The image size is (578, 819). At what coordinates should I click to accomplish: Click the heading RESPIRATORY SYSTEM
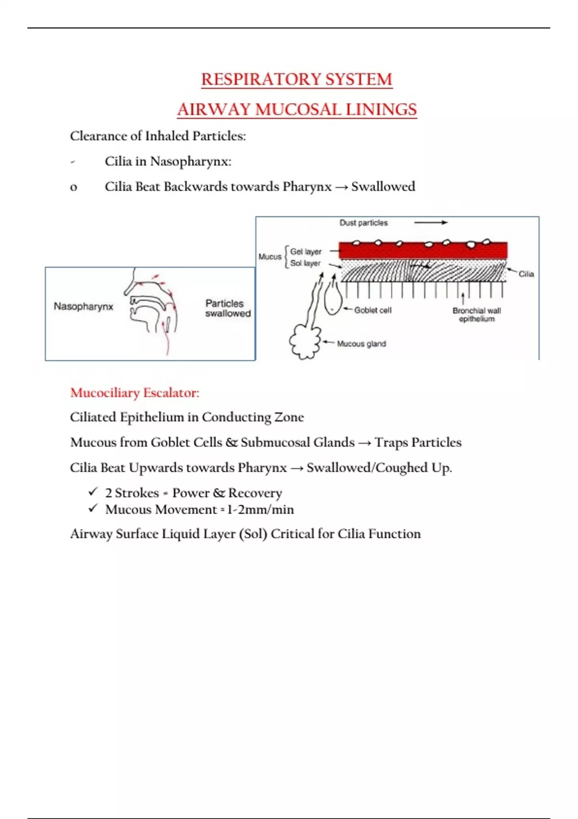pyautogui.click(x=297, y=79)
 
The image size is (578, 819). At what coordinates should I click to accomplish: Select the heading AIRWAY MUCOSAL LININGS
pyautogui.click(x=297, y=109)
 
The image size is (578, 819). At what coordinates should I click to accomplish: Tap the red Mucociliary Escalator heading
pyautogui.click(x=134, y=393)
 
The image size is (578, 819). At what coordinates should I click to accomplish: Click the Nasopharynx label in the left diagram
pyautogui.click(x=83, y=306)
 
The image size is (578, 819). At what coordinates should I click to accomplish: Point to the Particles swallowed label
pyautogui.click(x=228, y=308)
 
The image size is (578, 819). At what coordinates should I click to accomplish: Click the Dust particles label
pyautogui.click(x=363, y=223)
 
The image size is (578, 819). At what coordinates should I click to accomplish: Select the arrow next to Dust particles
pyautogui.click(x=431, y=223)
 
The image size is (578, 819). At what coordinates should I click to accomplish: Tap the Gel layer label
pyautogui.click(x=305, y=251)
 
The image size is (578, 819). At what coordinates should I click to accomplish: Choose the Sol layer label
pyautogui.click(x=305, y=263)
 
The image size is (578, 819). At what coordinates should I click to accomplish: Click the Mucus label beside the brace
pyautogui.click(x=270, y=257)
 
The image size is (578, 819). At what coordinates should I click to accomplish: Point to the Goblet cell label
pyautogui.click(x=373, y=310)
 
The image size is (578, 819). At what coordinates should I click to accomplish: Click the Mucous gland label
pyautogui.click(x=361, y=343)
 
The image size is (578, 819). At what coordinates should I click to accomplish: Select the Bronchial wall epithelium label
pyautogui.click(x=476, y=315)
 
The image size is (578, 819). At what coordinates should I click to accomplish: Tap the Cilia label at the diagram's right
pyautogui.click(x=526, y=274)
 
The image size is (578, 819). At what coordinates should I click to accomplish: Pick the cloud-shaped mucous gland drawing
pyautogui.click(x=305, y=342)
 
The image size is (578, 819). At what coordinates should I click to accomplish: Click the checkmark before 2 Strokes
pyautogui.click(x=93, y=492)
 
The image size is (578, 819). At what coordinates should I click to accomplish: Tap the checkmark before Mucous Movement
pyautogui.click(x=93, y=508)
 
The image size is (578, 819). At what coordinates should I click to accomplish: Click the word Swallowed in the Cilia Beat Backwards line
pyautogui.click(x=383, y=186)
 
